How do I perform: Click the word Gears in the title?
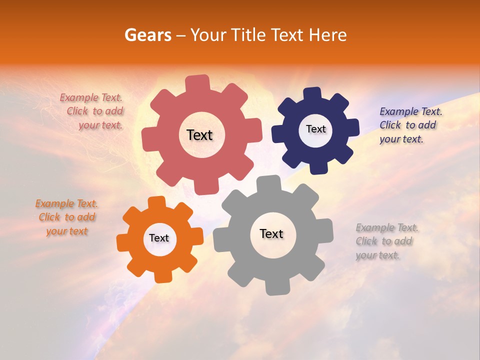[148, 35]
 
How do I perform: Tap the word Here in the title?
[328, 35]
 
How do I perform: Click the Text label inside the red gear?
[199, 135]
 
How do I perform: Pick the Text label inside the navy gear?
[315, 129]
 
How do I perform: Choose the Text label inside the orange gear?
[159, 238]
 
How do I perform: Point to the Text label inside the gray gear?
[271, 233]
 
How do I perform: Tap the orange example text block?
[66, 217]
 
